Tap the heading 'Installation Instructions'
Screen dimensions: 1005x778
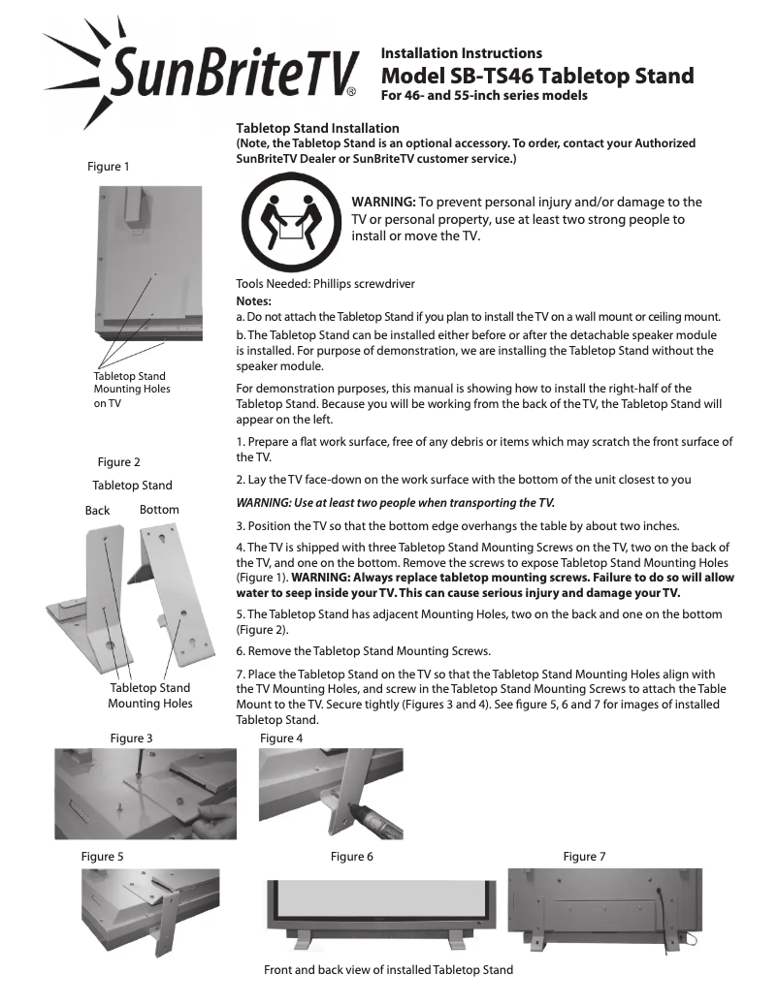click(x=461, y=53)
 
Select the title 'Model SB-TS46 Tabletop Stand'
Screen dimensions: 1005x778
click(x=536, y=76)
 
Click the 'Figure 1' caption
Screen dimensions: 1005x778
click(x=109, y=167)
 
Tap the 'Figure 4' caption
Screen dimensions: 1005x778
click(x=281, y=738)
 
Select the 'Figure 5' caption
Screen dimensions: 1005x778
click(x=102, y=856)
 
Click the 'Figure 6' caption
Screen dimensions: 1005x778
click(x=351, y=856)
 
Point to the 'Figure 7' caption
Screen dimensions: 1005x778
click(x=584, y=856)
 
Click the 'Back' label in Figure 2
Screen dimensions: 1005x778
click(x=97, y=510)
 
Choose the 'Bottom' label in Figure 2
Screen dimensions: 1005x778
click(x=159, y=509)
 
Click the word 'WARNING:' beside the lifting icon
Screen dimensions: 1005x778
click(x=383, y=202)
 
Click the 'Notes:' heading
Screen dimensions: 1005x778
click(x=254, y=301)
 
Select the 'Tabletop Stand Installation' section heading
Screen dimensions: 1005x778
click(x=317, y=128)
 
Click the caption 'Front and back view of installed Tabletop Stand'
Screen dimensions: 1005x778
click(x=388, y=969)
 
